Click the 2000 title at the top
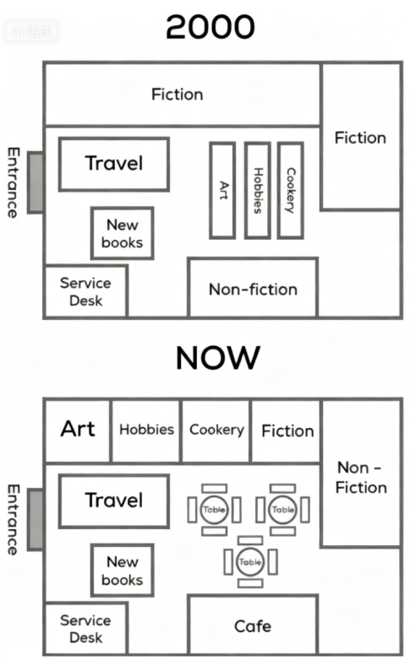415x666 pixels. (210, 27)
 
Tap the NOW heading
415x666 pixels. (218, 358)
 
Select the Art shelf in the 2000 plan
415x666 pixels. (222, 190)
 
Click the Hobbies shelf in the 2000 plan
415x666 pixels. (257, 190)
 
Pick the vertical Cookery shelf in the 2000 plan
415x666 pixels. (291, 190)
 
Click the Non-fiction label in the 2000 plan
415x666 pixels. (253, 290)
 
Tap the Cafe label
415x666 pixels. (253, 626)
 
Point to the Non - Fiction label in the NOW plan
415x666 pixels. (361, 478)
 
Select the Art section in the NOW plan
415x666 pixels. (78, 430)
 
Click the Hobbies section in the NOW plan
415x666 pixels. (146, 430)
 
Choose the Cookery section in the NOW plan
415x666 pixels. (216, 430)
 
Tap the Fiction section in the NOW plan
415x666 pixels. (287, 430)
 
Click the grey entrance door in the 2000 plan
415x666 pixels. (35, 182)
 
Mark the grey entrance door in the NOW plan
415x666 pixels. (35, 519)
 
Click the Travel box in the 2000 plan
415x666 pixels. (114, 164)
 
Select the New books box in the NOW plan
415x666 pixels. (123, 571)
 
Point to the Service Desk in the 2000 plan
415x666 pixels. (85, 291)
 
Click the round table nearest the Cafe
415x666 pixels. (250, 562)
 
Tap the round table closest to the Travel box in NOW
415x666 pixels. (214, 510)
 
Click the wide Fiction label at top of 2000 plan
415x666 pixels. (177, 95)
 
